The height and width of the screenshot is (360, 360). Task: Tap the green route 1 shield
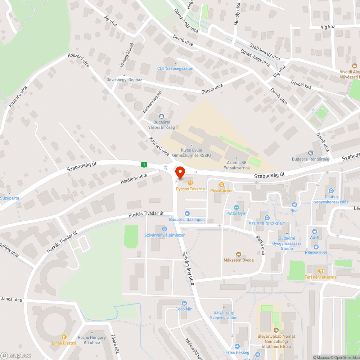click(x=144, y=165)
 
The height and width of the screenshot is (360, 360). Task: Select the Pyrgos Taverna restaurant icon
click(x=190, y=183)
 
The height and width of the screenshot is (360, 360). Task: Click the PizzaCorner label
click(x=222, y=190)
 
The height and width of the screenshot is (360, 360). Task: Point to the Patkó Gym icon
click(x=237, y=207)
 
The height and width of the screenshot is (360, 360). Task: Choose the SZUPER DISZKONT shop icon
click(x=267, y=217)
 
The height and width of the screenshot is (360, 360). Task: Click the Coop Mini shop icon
click(x=185, y=303)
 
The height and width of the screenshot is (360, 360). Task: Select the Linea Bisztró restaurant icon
click(x=64, y=337)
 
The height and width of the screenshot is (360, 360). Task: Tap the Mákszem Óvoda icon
click(x=238, y=254)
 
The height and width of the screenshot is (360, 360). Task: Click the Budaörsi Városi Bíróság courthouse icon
click(x=161, y=116)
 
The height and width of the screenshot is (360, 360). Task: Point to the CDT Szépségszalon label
click(x=175, y=68)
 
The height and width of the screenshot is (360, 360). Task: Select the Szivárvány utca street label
click(x=188, y=268)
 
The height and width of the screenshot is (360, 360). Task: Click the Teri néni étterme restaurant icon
click(x=320, y=271)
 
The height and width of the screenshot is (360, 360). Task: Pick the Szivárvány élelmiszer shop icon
click(x=165, y=229)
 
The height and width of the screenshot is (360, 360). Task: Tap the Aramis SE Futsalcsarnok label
click(x=236, y=165)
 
